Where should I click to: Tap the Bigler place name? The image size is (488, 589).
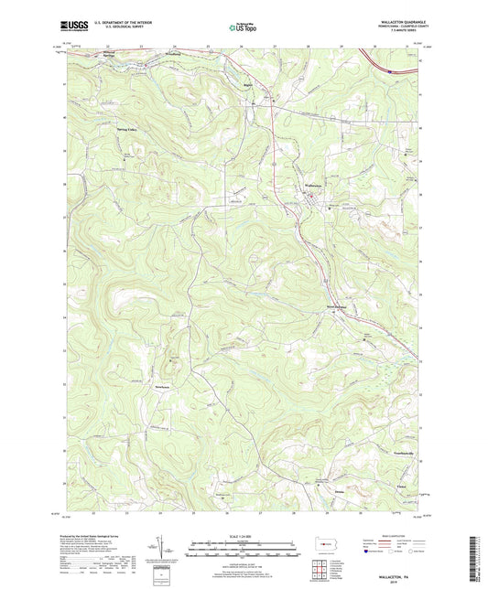coord(246,89)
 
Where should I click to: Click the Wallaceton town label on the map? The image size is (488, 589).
coord(312,186)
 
